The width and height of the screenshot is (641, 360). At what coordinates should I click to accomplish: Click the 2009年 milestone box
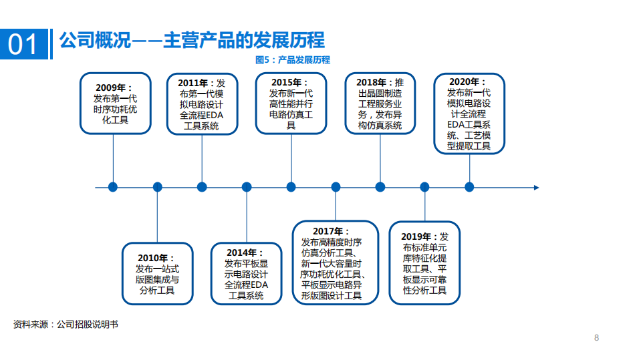click(x=113, y=104)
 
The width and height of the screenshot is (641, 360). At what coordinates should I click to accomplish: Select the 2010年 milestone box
click(x=157, y=274)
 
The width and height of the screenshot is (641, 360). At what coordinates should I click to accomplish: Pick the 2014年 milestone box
click(x=246, y=274)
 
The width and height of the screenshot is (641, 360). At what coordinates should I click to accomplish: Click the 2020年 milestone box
click(x=469, y=114)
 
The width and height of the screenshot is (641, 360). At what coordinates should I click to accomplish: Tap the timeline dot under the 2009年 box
click(x=113, y=187)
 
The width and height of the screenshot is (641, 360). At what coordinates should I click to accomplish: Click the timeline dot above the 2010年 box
click(x=157, y=187)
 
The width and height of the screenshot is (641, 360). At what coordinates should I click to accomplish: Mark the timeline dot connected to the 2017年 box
click(x=336, y=187)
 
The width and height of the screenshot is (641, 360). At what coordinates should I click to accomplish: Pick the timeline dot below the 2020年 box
click(x=469, y=187)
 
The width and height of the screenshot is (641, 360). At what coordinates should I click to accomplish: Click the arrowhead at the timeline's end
click(x=536, y=187)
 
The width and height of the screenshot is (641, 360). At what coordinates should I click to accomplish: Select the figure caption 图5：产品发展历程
click(x=293, y=60)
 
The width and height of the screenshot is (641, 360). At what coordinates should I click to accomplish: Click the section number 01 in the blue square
click(x=24, y=44)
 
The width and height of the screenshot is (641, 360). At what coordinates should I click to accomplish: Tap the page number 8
click(x=596, y=338)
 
